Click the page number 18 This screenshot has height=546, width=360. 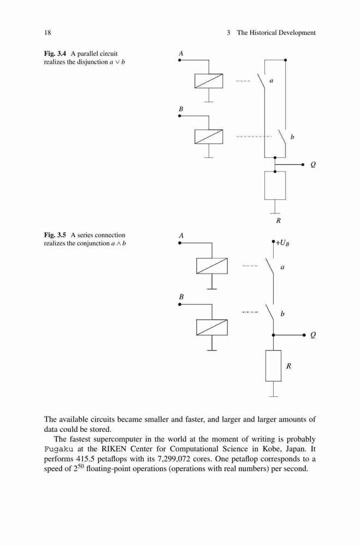coord(48,33)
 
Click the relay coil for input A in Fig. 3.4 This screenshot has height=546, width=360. coord(209,81)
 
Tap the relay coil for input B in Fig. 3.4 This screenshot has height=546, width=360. coord(209,136)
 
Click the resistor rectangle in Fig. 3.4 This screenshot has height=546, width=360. coord(275,185)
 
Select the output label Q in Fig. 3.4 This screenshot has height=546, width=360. coord(313,165)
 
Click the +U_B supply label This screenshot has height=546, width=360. coord(282,243)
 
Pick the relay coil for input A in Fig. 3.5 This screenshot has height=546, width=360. coord(212,266)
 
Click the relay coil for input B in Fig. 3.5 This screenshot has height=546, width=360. coord(212,327)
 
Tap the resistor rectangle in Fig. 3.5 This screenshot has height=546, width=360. coord(273,366)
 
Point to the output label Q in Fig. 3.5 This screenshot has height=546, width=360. coord(313,335)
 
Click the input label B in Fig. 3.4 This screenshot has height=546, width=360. coord(181,109)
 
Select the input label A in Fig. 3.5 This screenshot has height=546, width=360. coord(181,236)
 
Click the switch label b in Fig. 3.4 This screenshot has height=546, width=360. coord(292,137)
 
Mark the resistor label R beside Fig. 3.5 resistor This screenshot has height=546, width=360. coord(288,366)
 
